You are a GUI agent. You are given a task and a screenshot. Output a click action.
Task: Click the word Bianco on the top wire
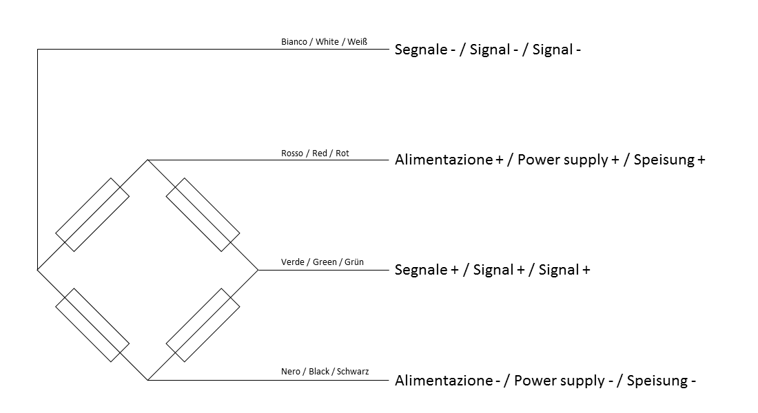point(294,42)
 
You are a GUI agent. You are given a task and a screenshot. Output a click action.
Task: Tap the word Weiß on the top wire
point(357,42)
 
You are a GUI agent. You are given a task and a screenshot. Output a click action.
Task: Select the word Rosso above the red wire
point(292,153)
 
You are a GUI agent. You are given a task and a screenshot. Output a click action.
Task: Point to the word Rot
point(342,153)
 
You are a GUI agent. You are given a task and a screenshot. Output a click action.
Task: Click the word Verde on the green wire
point(292,262)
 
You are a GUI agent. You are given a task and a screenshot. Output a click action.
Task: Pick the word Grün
point(354,262)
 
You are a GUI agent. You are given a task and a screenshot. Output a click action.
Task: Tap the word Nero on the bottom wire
point(291,372)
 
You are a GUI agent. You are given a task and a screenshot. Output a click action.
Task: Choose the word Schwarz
point(353,372)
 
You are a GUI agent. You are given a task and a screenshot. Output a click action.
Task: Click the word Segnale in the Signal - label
point(421,50)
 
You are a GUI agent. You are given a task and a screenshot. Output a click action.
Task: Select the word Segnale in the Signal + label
point(421,270)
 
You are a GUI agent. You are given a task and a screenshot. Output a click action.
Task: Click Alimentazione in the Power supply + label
point(444,160)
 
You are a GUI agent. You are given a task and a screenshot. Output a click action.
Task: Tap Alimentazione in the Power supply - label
point(444,381)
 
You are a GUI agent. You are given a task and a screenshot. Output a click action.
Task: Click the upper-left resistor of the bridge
point(92,215)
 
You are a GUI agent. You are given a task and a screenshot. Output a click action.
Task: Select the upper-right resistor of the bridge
point(203,215)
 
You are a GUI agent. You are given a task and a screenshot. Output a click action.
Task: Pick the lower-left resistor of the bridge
point(92,325)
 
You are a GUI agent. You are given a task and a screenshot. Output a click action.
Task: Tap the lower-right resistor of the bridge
point(203,325)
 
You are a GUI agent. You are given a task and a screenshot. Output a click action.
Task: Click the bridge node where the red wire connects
point(148,160)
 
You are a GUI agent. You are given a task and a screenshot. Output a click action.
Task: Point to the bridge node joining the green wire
point(258,270)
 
